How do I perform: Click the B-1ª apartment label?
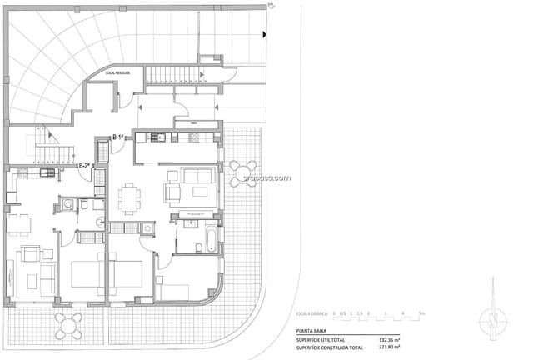point(118,137)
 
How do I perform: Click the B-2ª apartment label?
point(83,166)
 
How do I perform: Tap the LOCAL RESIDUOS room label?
point(118,74)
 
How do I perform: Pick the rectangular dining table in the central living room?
point(129,198)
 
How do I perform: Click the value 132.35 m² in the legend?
point(390,340)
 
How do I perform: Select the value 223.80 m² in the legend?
point(390,347)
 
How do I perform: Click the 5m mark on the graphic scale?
point(421,313)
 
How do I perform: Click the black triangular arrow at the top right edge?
point(264,35)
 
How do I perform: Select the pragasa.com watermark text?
point(266,177)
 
